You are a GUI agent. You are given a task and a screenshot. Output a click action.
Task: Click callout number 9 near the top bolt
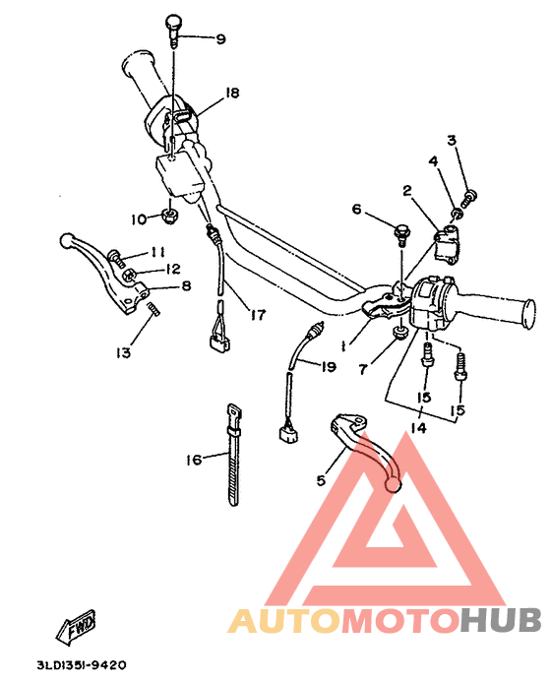pyautogui.click(x=220, y=39)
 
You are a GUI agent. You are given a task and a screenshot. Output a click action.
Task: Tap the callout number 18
pyautogui.click(x=232, y=93)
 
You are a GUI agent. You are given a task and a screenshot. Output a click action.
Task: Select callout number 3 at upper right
pyautogui.click(x=452, y=141)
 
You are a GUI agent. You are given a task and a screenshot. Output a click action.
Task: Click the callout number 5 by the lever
pyautogui.click(x=320, y=481)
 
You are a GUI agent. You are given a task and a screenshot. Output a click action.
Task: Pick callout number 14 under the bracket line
pyautogui.click(x=418, y=430)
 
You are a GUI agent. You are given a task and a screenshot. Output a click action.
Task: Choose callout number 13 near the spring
pyautogui.click(x=122, y=351)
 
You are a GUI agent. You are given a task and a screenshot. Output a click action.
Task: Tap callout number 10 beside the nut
pyautogui.click(x=138, y=217)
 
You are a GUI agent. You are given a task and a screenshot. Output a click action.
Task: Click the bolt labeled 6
pyautogui.click(x=401, y=234)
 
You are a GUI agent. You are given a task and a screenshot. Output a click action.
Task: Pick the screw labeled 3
pyautogui.click(x=469, y=197)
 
